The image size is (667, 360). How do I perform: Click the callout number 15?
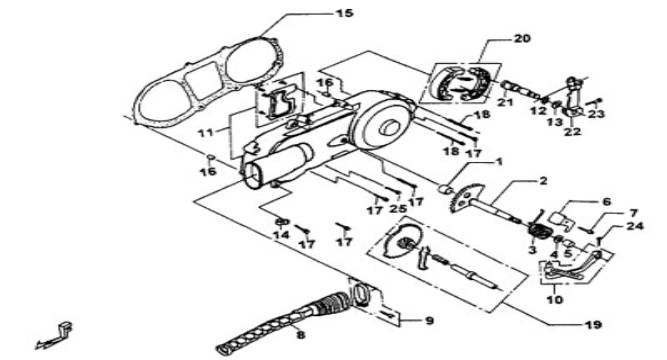[344, 14]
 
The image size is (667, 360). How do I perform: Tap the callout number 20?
[522, 38]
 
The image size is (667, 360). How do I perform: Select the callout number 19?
[593, 325]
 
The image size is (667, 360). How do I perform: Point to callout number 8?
[301, 334]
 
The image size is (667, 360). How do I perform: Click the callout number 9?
[429, 320]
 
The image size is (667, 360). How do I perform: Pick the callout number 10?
[554, 300]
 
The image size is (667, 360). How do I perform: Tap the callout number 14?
[281, 234]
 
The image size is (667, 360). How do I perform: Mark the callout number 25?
[398, 209]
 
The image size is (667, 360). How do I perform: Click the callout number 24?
[635, 226]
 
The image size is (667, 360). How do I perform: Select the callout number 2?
[543, 181]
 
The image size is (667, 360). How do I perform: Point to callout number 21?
[505, 102]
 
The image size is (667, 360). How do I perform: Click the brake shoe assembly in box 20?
[462, 83]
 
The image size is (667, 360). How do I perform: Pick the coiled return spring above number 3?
[539, 231]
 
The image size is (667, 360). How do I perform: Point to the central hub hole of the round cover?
[388, 127]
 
